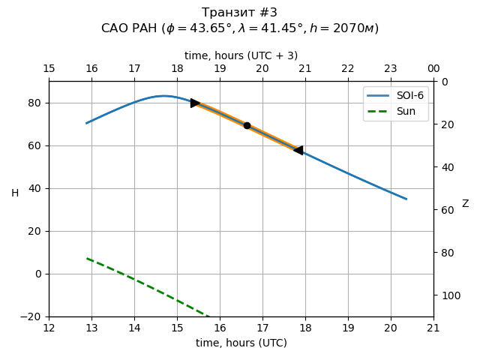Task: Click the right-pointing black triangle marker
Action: pos(195,103)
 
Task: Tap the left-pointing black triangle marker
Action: pos(298,150)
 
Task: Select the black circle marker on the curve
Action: pos(247,125)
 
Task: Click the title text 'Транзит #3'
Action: pos(240,13)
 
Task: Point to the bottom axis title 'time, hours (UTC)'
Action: pos(241,343)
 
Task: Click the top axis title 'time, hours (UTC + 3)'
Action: pos(241,55)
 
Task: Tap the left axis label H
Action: pos(15,193)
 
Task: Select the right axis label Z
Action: pos(465,203)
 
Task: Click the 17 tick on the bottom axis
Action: pos(262,328)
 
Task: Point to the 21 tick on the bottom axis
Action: pos(433,328)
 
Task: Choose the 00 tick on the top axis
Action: pos(433,69)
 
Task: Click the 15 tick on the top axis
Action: pos(49,69)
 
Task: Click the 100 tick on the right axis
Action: pos(448,295)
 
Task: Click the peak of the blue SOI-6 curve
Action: pos(164,96)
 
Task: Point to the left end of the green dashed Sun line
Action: pos(87,259)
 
